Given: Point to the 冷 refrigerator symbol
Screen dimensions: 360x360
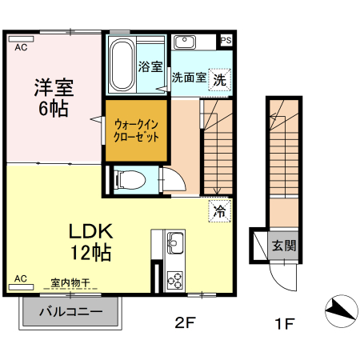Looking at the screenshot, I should (219, 211).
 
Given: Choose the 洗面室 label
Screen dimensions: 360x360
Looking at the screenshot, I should (189, 78).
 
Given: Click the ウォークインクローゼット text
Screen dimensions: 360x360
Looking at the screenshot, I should (137, 130).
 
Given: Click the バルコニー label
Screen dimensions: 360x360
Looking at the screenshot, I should (70, 311).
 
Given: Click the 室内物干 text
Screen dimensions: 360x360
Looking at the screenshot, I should (70, 282).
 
